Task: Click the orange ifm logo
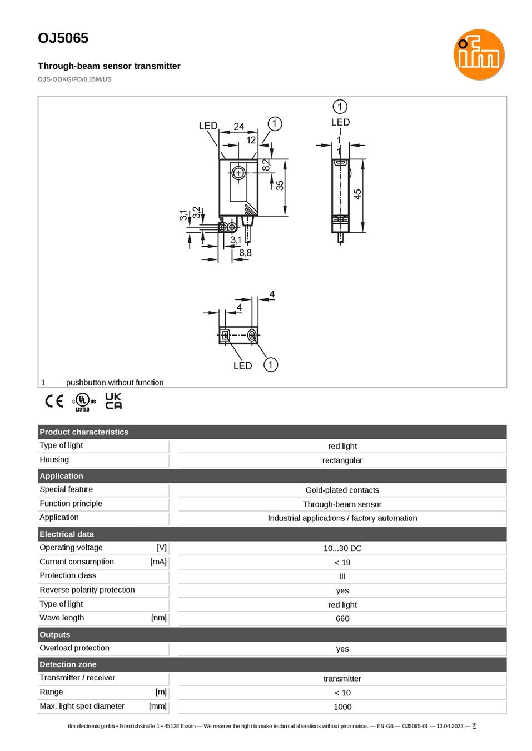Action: click(479, 54)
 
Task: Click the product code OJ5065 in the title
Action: click(63, 38)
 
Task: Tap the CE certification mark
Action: click(54, 401)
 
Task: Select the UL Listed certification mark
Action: click(84, 402)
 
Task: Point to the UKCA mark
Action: click(113, 401)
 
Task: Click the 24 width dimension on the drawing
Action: click(239, 127)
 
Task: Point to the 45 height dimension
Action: click(357, 194)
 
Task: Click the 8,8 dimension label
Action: click(245, 252)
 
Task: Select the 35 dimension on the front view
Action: click(280, 185)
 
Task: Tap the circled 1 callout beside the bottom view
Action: click(271, 364)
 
